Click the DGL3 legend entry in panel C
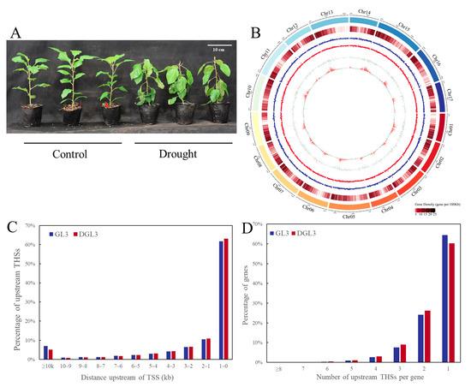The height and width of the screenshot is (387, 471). point(86,233)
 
